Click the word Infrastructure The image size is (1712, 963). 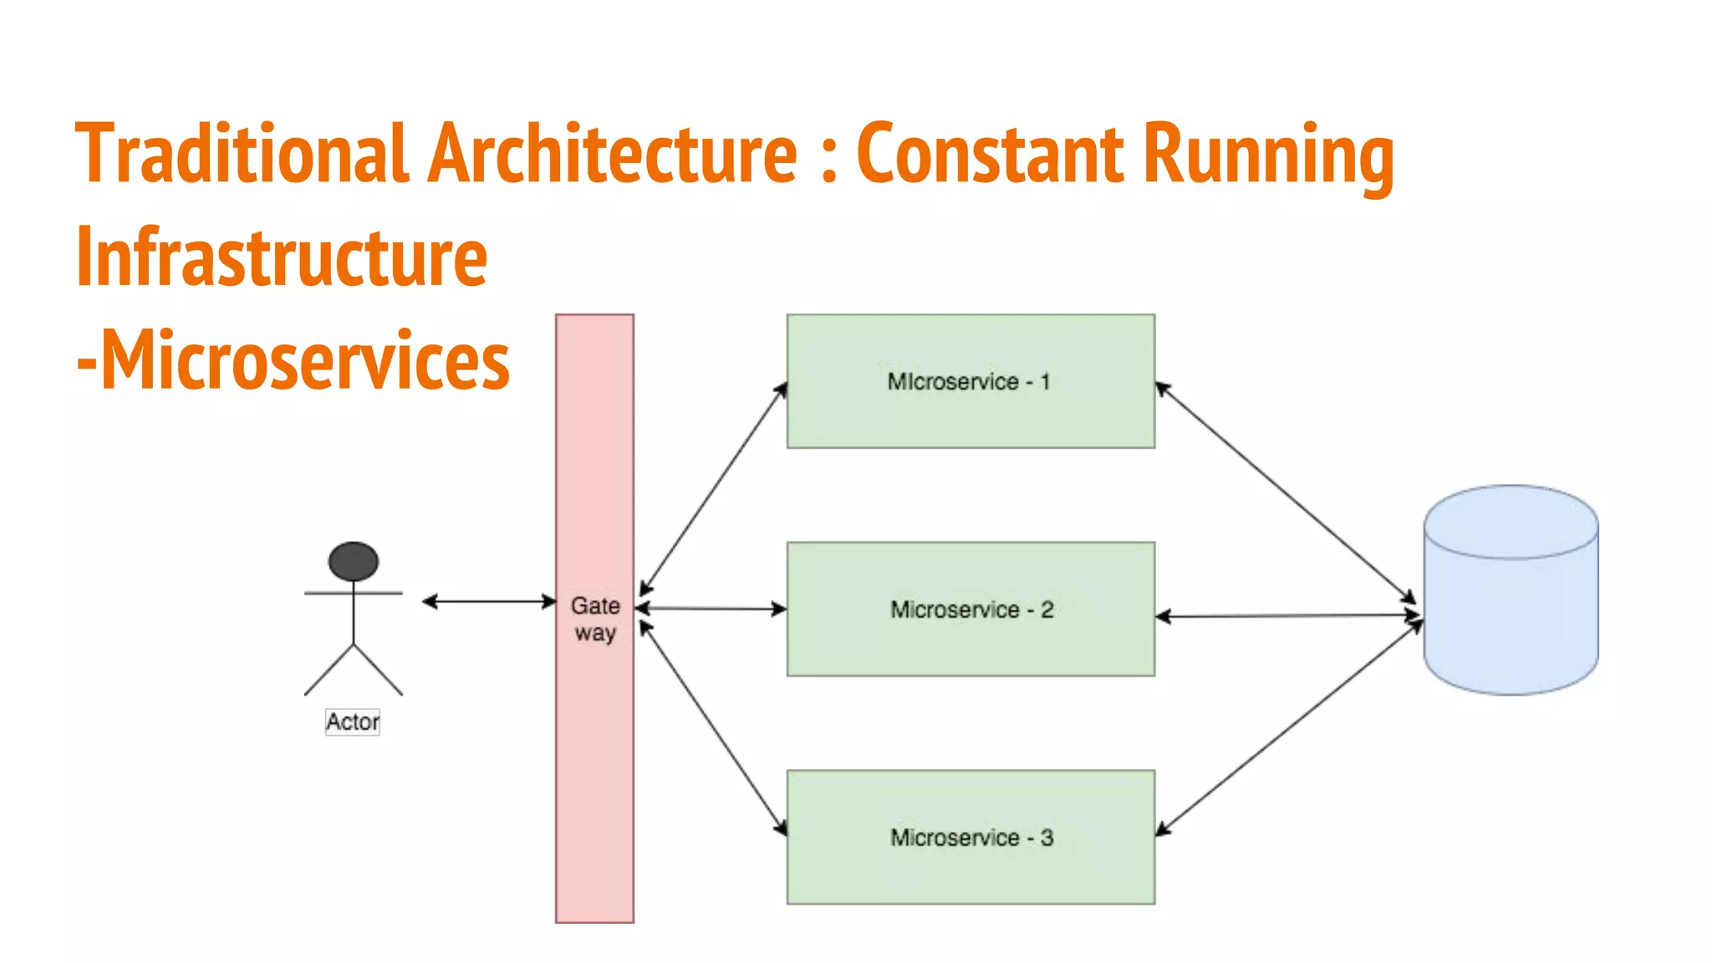(281, 257)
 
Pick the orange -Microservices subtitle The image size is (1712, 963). (293, 360)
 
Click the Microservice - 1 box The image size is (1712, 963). (970, 381)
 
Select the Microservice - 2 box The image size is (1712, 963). (970, 609)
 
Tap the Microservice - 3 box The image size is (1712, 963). (970, 837)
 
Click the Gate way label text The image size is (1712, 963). (595, 619)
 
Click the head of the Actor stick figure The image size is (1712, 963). (354, 561)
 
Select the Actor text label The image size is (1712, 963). (352, 721)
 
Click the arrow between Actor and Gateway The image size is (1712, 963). (489, 601)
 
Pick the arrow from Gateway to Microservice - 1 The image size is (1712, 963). (713, 489)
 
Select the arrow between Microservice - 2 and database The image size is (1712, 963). (1287, 616)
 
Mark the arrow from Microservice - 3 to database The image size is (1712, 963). (1287, 729)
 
